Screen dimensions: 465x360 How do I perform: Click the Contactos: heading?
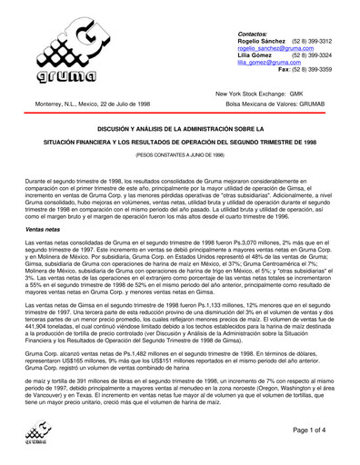click(254, 33)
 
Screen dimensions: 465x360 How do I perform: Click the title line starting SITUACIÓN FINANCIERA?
click(180, 143)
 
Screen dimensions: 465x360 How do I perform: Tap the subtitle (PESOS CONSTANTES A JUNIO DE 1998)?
click(180, 156)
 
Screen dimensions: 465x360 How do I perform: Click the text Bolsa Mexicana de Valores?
click(256, 104)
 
